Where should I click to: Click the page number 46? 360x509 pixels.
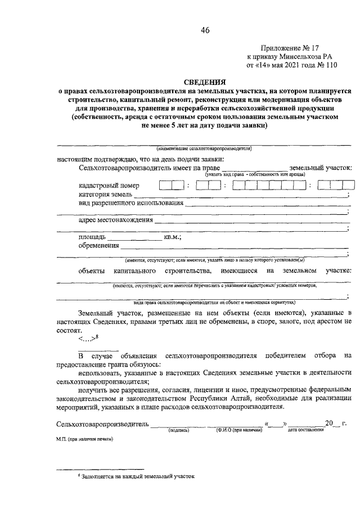(x=204, y=30)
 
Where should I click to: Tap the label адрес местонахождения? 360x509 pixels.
(x=116, y=220)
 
